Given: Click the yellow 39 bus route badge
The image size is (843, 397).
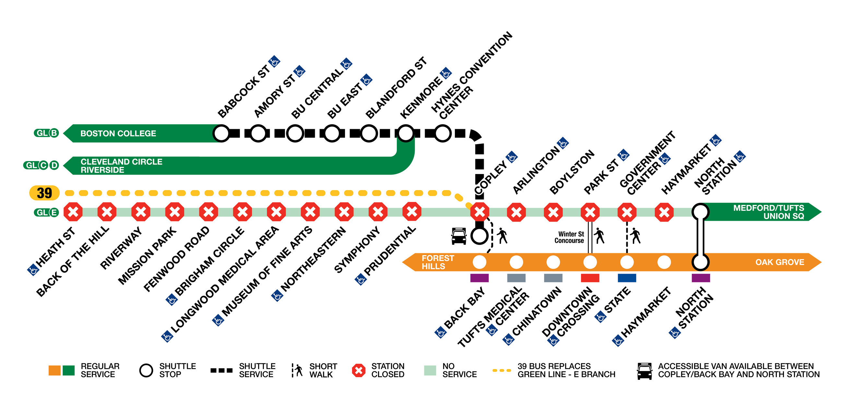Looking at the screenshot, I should (44, 193).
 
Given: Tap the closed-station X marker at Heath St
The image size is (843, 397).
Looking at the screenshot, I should (73, 212).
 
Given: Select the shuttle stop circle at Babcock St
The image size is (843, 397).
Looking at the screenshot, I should (221, 133).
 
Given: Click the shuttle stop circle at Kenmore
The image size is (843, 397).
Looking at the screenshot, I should (406, 133).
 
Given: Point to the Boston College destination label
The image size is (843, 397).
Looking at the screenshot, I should (118, 133).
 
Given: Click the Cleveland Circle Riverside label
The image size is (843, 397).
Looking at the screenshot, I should (121, 166).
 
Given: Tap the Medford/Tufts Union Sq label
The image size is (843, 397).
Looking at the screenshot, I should (768, 212).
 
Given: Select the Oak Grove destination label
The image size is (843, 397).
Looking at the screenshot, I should (779, 262).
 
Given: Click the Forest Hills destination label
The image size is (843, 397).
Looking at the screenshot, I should (437, 262).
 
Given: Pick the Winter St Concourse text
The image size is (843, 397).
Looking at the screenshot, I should (569, 237).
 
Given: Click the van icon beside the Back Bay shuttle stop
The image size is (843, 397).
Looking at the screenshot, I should (459, 236).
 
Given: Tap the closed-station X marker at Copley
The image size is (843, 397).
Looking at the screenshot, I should (480, 212).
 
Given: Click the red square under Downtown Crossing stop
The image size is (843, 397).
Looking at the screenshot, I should (590, 278).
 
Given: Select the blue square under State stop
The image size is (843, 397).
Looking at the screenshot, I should (627, 278).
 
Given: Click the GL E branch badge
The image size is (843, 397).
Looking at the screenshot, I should (46, 213).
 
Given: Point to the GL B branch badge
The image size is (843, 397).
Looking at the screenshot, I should (46, 133).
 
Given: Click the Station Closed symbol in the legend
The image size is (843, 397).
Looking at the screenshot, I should (359, 370).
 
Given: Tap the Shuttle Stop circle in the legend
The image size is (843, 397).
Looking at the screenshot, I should (146, 370).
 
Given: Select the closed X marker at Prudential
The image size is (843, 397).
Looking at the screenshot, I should (412, 211).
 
